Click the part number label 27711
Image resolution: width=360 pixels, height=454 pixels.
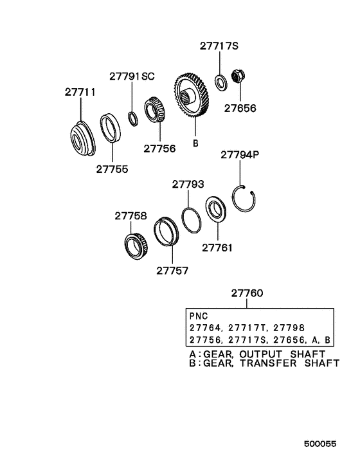click(x=80, y=93)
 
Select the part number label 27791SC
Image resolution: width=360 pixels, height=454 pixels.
click(x=132, y=76)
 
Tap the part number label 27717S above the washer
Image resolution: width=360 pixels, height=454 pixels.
click(x=219, y=46)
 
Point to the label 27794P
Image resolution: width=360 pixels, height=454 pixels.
click(x=240, y=155)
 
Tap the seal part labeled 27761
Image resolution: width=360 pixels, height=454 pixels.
click(x=214, y=211)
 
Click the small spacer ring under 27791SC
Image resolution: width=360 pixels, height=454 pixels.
click(x=132, y=118)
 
